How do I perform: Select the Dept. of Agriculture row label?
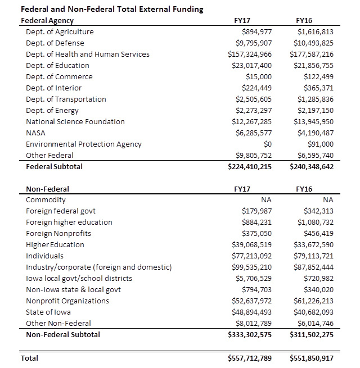tap(60, 32)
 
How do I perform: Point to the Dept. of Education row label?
tap(57, 66)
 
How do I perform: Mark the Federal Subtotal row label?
tap(54, 167)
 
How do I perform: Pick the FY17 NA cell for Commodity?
tap(266, 200)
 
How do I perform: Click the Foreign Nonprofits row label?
tap(55, 234)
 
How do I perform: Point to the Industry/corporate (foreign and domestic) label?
tap(98, 267)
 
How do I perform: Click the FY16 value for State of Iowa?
tap(313, 312)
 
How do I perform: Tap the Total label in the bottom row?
tap(29, 358)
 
